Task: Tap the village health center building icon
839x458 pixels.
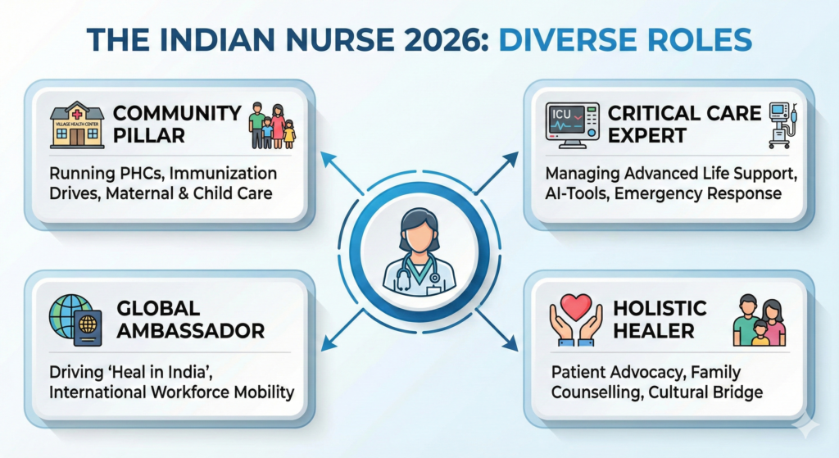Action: click(77, 125)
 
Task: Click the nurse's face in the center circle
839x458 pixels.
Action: click(420, 234)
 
